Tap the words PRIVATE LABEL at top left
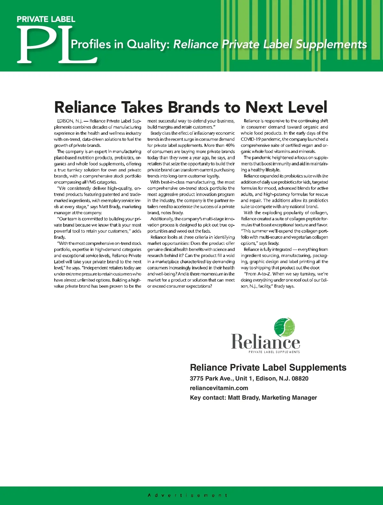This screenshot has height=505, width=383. pos(46,19)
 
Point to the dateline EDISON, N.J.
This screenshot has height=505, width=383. pos(70,121)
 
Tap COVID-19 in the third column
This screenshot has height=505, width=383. pos(251,139)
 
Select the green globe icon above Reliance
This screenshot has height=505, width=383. pos(284,328)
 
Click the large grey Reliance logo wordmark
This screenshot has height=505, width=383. pos(265,342)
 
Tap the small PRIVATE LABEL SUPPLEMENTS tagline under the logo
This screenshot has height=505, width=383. pos(274,352)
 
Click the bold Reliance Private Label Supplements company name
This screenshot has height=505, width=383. pos(268,367)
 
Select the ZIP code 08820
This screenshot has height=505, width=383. pos(300,379)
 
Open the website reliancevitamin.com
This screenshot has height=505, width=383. pos(219,388)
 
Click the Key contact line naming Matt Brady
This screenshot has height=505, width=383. pos(253,398)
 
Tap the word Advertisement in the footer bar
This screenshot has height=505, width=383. pos(188,495)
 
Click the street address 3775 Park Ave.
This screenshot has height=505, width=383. pos(211,379)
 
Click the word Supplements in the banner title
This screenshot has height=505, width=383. pos(331,44)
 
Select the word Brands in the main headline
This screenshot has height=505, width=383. pos(194,107)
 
